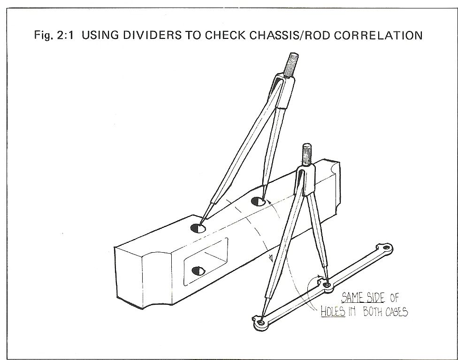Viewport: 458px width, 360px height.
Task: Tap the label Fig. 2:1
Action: click(x=54, y=35)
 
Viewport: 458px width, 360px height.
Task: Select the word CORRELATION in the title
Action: click(x=379, y=36)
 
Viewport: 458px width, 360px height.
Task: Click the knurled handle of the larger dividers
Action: click(x=292, y=65)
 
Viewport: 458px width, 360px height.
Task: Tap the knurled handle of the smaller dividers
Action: click(x=306, y=155)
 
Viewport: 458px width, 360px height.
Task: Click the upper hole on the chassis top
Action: click(x=258, y=201)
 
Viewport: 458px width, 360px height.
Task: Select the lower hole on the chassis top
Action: click(x=198, y=228)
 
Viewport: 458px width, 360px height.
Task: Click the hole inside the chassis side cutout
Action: click(x=198, y=271)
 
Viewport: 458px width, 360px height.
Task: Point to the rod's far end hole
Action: click(x=386, y=248)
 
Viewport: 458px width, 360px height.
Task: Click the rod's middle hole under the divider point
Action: click(x=327, y=285)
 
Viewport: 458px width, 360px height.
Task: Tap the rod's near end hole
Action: click(x=261, y=322)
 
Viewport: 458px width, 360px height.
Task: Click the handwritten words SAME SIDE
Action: click(x=363, y=298)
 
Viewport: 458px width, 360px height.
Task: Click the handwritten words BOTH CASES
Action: click(x=385, y=312)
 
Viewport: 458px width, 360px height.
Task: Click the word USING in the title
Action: click(x=100, y=35)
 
